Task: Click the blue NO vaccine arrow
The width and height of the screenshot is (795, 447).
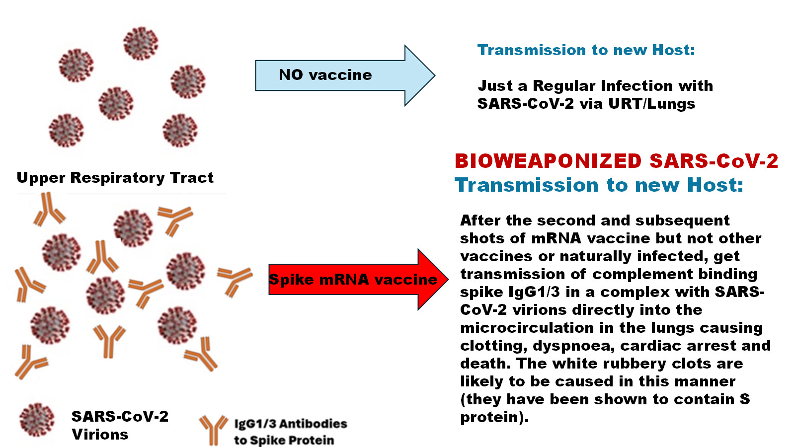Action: point(343,75)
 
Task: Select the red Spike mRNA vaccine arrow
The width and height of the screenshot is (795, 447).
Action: point(355,280)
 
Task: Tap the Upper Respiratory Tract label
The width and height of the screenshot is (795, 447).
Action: point(115,177)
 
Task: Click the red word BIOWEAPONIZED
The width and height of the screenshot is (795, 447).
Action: point(548,161)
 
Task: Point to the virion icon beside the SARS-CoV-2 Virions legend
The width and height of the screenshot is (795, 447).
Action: point(37,420)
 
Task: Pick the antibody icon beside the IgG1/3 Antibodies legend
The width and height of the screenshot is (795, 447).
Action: point(213,429)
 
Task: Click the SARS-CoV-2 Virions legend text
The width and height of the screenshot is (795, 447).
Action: point(120,425)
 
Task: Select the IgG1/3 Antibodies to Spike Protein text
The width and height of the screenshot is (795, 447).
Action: point(290,432)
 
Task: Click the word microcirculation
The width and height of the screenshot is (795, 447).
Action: point(527,327)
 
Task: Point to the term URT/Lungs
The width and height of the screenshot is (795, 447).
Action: point(651,104)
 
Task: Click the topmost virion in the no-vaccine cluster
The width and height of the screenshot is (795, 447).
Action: point(141,43)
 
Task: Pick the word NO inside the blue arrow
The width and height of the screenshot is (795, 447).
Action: point(291,75)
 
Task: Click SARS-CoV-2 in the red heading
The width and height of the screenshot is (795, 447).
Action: point(714,161)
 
